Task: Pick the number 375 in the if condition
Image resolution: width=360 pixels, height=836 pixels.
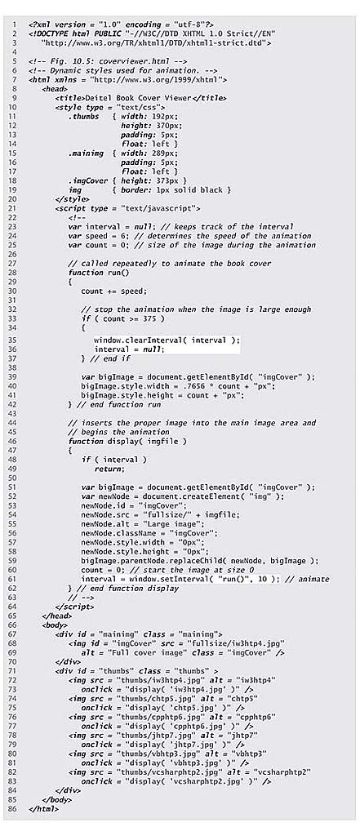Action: point(152,318)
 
